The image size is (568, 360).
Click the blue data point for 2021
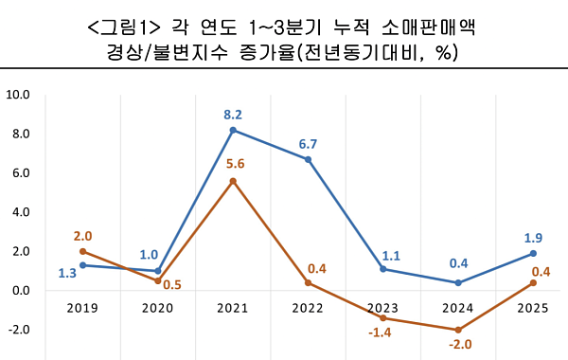[x=233, y=130]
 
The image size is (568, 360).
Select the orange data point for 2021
[x=233, y=181]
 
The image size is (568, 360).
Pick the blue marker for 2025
[x=534, y=253]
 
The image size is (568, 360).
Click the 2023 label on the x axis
[x=383, y=308]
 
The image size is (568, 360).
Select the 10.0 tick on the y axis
[x=19, y=95]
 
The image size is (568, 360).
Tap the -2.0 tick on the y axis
[x=19, y=330]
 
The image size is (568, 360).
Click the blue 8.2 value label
[x=233, y=115]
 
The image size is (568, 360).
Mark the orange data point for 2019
[x=83, y=251]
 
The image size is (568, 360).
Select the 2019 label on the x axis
[x=83, y=308]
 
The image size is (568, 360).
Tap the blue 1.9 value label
[x=534, y=237]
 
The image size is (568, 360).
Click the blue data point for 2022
[x=309, y=159]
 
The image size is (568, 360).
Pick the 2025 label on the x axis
[x=534, y=308]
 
